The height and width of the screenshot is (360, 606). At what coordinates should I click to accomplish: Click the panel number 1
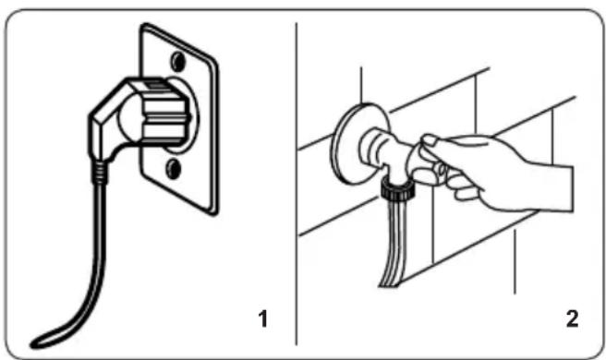click(x=263, y=319)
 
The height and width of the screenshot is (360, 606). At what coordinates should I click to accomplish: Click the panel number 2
click(x=572, y=319)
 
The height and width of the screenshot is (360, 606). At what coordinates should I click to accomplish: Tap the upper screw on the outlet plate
click(x=177, y=62)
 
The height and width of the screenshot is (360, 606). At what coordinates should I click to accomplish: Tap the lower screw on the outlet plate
click(x=173, y=170)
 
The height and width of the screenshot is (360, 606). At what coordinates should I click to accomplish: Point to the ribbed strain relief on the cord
click(x=100, y=173)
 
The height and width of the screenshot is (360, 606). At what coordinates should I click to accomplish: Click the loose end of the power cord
click(x=37, y=343)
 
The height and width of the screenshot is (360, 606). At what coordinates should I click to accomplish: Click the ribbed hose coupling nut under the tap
click(x=397, y=190)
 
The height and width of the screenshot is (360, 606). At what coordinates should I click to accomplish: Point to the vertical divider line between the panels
click(x=297, y=184)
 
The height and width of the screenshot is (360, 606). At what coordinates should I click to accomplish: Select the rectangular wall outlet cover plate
click(x=179, y=119)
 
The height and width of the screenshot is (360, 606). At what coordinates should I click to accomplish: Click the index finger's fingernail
click(x=430, y=139)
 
